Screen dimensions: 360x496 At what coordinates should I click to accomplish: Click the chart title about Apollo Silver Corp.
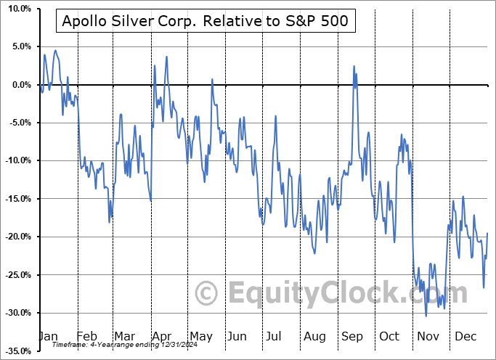[206, 22]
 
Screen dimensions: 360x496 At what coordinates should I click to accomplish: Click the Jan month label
[48, 336]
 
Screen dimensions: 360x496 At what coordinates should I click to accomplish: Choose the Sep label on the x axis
[353, 336]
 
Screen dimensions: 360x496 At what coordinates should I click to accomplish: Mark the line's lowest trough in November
[426, 315]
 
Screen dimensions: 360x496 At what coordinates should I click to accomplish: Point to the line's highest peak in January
[55, 50]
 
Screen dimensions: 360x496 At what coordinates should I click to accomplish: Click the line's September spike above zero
[354, 66]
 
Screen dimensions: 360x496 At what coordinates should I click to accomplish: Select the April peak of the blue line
[166, 56]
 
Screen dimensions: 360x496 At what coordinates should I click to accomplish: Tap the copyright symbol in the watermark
[206, 293]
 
